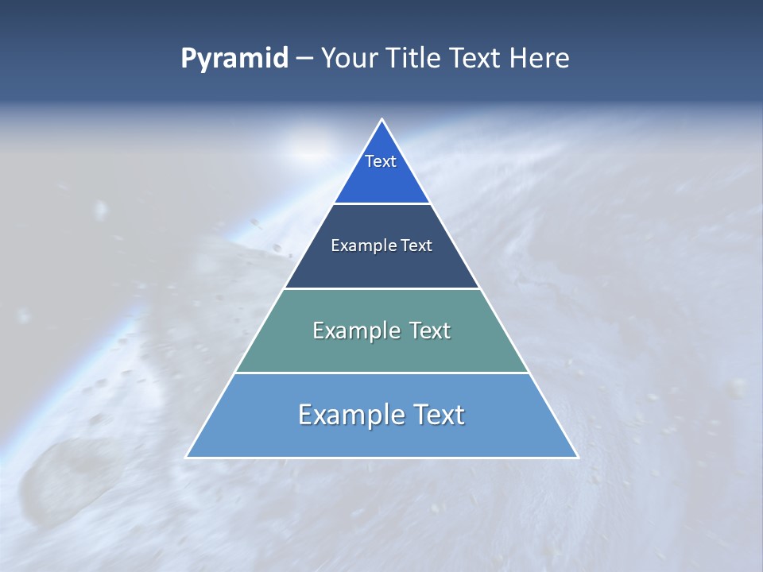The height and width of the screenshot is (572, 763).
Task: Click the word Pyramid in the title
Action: pos(234,59)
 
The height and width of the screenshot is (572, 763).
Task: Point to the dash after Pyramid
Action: pos(304,60)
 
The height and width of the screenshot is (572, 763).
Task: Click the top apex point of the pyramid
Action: pos(382,120)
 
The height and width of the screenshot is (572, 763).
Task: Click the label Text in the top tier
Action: pos(381,161)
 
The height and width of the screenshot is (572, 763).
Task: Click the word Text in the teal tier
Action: pos(429,330)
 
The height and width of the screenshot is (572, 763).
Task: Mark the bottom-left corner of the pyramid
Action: pos(187,457)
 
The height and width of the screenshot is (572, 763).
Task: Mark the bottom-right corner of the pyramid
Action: pos(577,457)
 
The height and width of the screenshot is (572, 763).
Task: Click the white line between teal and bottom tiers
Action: pos(381,373)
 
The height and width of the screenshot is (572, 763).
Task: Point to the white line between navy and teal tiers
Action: pos(381,288)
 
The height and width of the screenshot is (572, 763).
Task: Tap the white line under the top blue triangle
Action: pos(381,204)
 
